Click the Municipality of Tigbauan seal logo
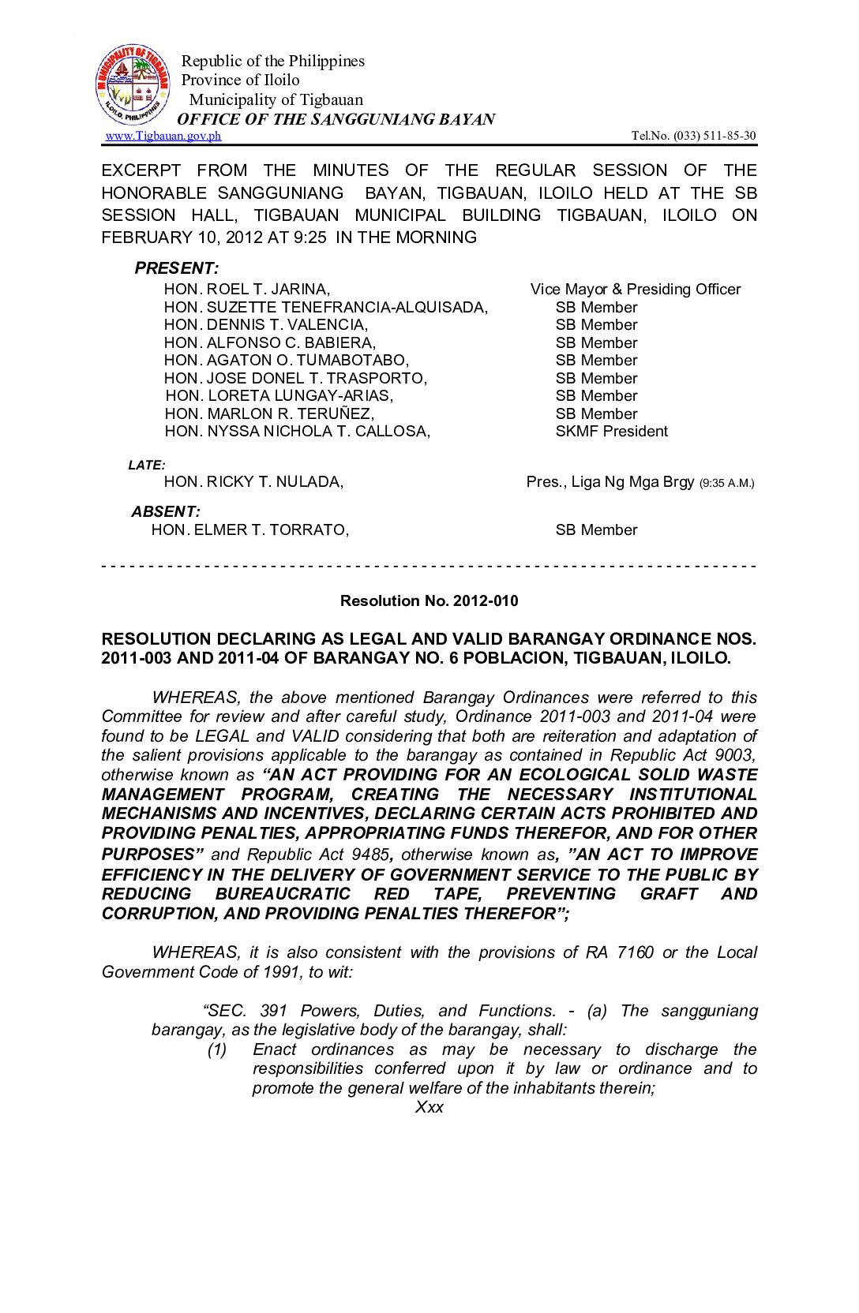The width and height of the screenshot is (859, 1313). (x=132, y=84)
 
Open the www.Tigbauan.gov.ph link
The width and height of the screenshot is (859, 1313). (x=163, y=136)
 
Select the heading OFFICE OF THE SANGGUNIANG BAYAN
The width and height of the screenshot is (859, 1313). (x=336, y=119)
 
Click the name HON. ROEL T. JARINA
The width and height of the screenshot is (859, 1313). (x=246, y=290)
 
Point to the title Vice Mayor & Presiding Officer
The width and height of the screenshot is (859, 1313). (x=635, y=290)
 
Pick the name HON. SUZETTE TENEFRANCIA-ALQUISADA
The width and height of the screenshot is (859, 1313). (x=325, y=308)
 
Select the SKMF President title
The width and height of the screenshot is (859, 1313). (x=611, y=432)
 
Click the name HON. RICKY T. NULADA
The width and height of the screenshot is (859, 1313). (x=253, y=482)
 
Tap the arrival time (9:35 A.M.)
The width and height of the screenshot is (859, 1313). (x=726, y=483)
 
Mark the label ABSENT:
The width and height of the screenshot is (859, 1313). (x=166, y=512)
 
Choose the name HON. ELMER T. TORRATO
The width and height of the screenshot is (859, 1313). (x=249, y=530)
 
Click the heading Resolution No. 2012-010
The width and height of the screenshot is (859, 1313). (x=429, y=601)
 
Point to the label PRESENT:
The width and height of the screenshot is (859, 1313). (x=176, y=268)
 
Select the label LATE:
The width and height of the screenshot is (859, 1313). (x=147, y=466)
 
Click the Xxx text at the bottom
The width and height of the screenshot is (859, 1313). (x=429, y=1107)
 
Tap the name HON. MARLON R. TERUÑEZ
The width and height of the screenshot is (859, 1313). (x=269, y=414)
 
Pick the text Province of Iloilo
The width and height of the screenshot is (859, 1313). (x=240, y=80)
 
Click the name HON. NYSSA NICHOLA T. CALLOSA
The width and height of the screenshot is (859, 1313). (x=297, y=432)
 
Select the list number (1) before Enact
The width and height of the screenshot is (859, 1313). (x=217, y=1049)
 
